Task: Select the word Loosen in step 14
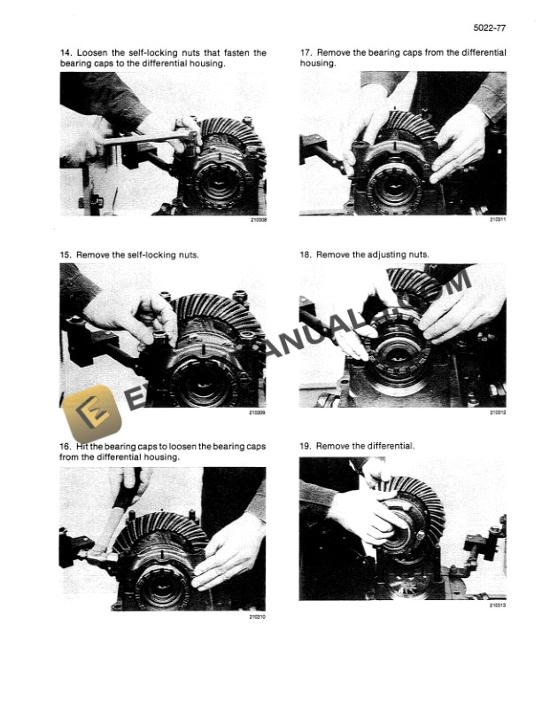pyautogui.click(x=96, y=53)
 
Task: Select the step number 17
pyautogui.click(x=306, y=53)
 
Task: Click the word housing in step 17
pyautogui.click(x=317, y=64)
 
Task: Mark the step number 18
pyautogui.click(x=306, y=254)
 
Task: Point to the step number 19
pyautogui.click(x=306, y=446)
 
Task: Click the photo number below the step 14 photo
pyautogui.click(x=258, y=221)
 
